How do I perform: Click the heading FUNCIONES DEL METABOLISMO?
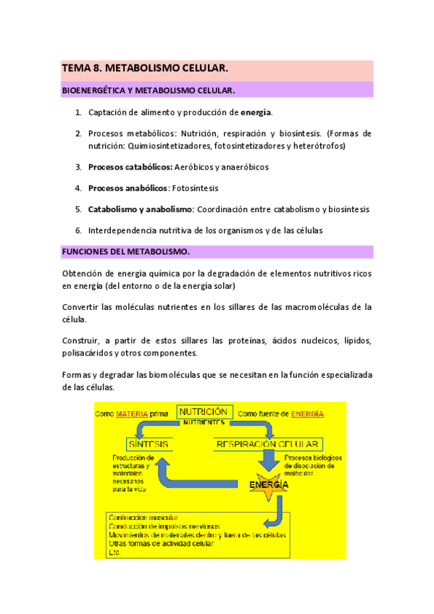coord(126,252)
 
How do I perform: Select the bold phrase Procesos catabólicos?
coord(130,167)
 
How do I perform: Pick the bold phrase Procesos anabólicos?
coord(128,188)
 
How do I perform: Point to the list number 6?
coord(78,230)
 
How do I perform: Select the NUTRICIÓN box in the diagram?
coord(204,412)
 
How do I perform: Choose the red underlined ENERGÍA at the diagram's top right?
coord(307,413)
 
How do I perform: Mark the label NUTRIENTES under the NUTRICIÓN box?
coord(204,422)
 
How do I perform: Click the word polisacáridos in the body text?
coord(88,353)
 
